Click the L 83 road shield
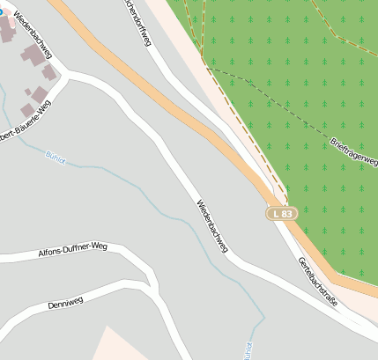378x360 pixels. pyautogui.click(x=283, y=214)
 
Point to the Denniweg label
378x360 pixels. pyautogui.click(x=71, y=304)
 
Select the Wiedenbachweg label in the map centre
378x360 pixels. pyautogui.click(x=211, y=227)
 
